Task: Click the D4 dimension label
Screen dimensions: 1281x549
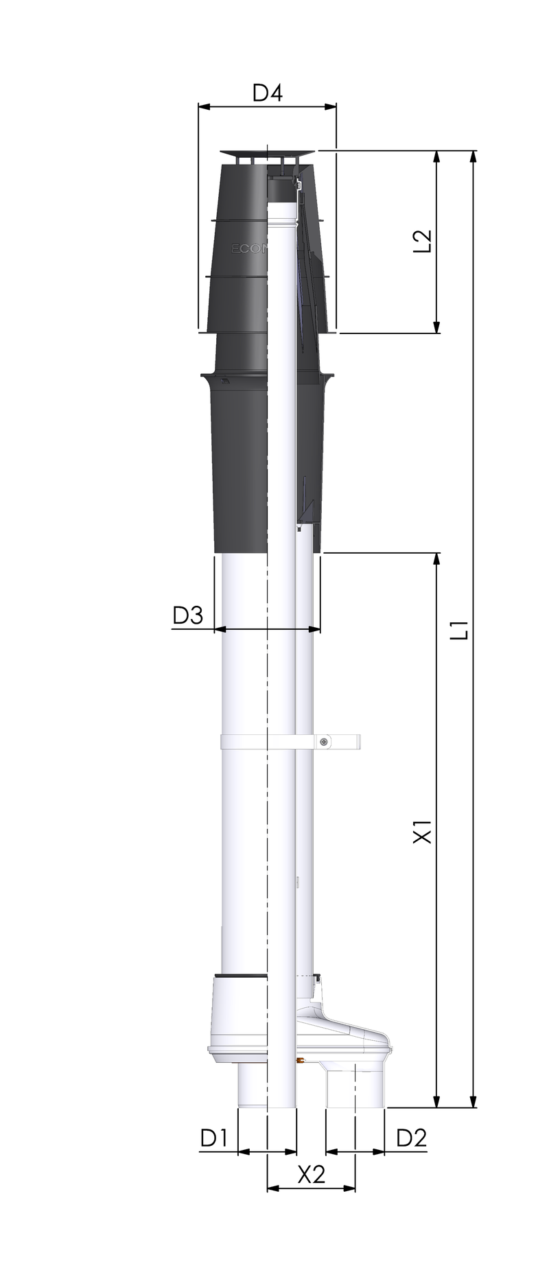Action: coord(268,93)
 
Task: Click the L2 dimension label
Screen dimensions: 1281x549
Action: coord(425,241)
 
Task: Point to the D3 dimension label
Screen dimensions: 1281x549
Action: coord(187,615)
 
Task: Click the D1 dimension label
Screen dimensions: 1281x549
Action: coord(213,1138)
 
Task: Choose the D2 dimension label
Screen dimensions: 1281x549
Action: coord(412,1138)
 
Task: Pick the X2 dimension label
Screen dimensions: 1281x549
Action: coord(311,1175)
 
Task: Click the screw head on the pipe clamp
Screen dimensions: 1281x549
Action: coord(325,741)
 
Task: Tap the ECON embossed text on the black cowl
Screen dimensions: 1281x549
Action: coord(246,249)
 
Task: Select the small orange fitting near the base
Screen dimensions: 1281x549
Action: coord(300,1061)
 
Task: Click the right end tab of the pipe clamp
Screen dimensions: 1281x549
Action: coord(355,742)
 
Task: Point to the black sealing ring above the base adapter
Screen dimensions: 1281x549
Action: coord(240,976)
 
